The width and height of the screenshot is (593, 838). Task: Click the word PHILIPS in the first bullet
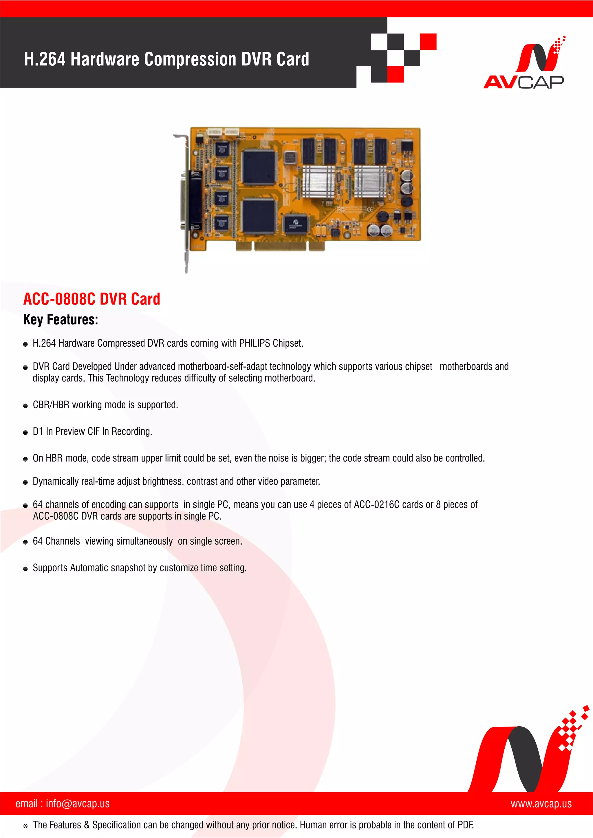click(x=254, y=343)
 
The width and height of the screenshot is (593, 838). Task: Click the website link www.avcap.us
click(x=541, y=803)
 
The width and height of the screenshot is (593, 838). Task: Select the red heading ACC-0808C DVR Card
click(x=92, y=299)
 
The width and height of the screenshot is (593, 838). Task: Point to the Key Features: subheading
click(x=61, y=320)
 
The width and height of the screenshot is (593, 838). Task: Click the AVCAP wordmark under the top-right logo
click(x=523, y=82)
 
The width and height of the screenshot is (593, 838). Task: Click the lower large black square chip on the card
click(x=259, y=216)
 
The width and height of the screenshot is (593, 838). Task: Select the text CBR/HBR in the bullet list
click(x=51, y=405)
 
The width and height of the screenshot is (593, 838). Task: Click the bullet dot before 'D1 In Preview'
click(x=25, y=433)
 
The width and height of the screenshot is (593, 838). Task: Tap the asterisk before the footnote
click(x=25, y=826)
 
